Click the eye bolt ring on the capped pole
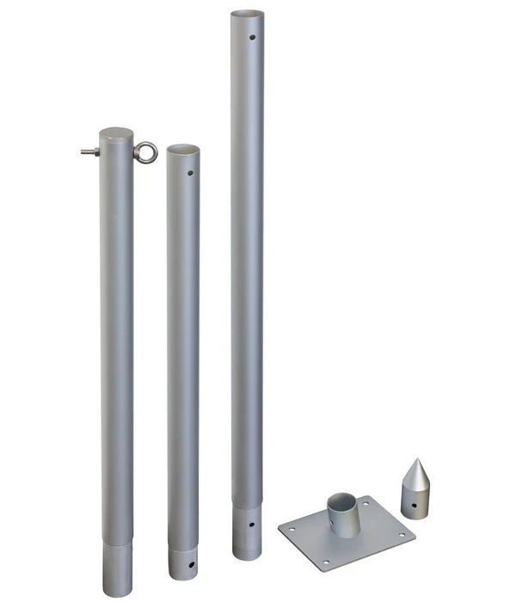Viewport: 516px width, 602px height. tap(150, 153)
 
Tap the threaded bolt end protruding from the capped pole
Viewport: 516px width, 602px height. tap(84, 152)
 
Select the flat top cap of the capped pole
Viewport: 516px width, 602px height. tap(116, 134)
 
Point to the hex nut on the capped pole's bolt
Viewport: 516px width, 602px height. tap(96, 152)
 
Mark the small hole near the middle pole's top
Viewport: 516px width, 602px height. tap(193, 173)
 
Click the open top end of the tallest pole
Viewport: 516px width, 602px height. tap(247, 15)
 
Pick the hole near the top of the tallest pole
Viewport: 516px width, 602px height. tap(252, 38)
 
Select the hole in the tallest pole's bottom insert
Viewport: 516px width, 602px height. tap(251, 525)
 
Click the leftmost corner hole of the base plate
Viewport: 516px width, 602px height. tap(290, 530)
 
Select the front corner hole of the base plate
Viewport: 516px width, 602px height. tap(326, 563)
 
